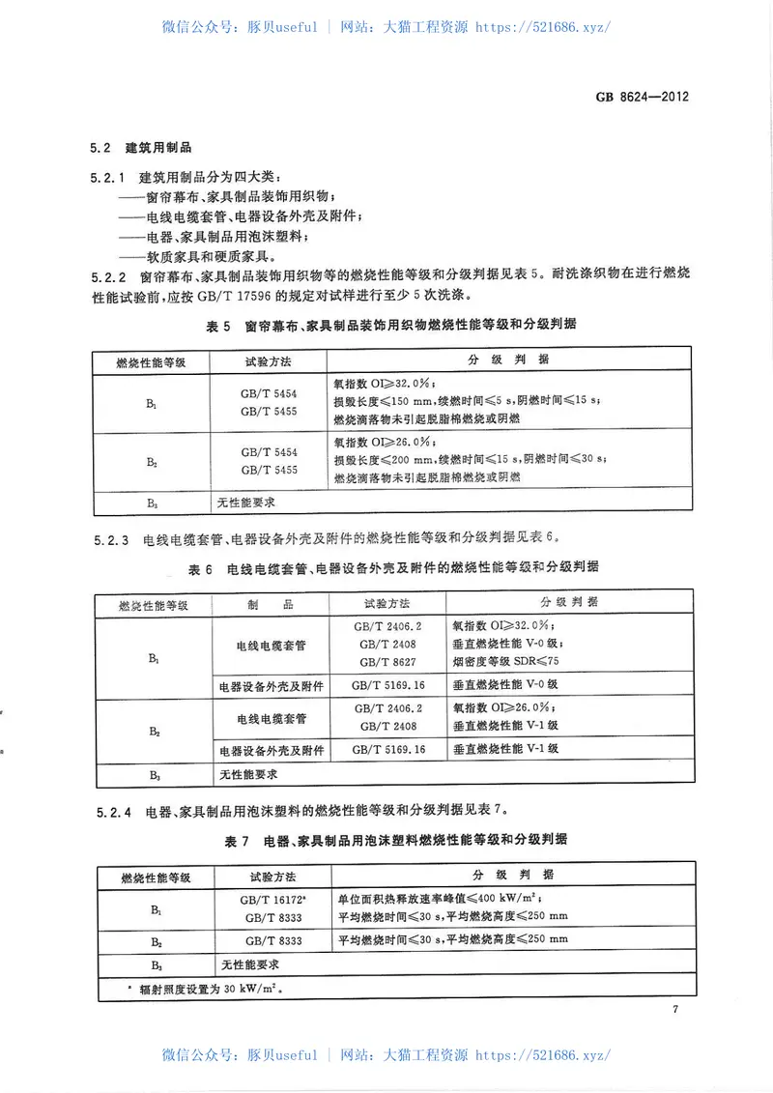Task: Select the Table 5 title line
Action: pyautogui.click(x=391, y=327)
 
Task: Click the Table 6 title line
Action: pyautogui.click(x=391, y=567)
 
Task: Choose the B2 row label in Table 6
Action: pyautogui.click(x=154, y=732)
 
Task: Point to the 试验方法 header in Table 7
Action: pyautogui.click(x=272, y=877)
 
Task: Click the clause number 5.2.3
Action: pyautogui.click(x=110, y=537)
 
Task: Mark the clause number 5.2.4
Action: pyautogui.click(x=110, y=810)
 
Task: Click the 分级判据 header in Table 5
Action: pyautogui.click(x=507, y=360)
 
